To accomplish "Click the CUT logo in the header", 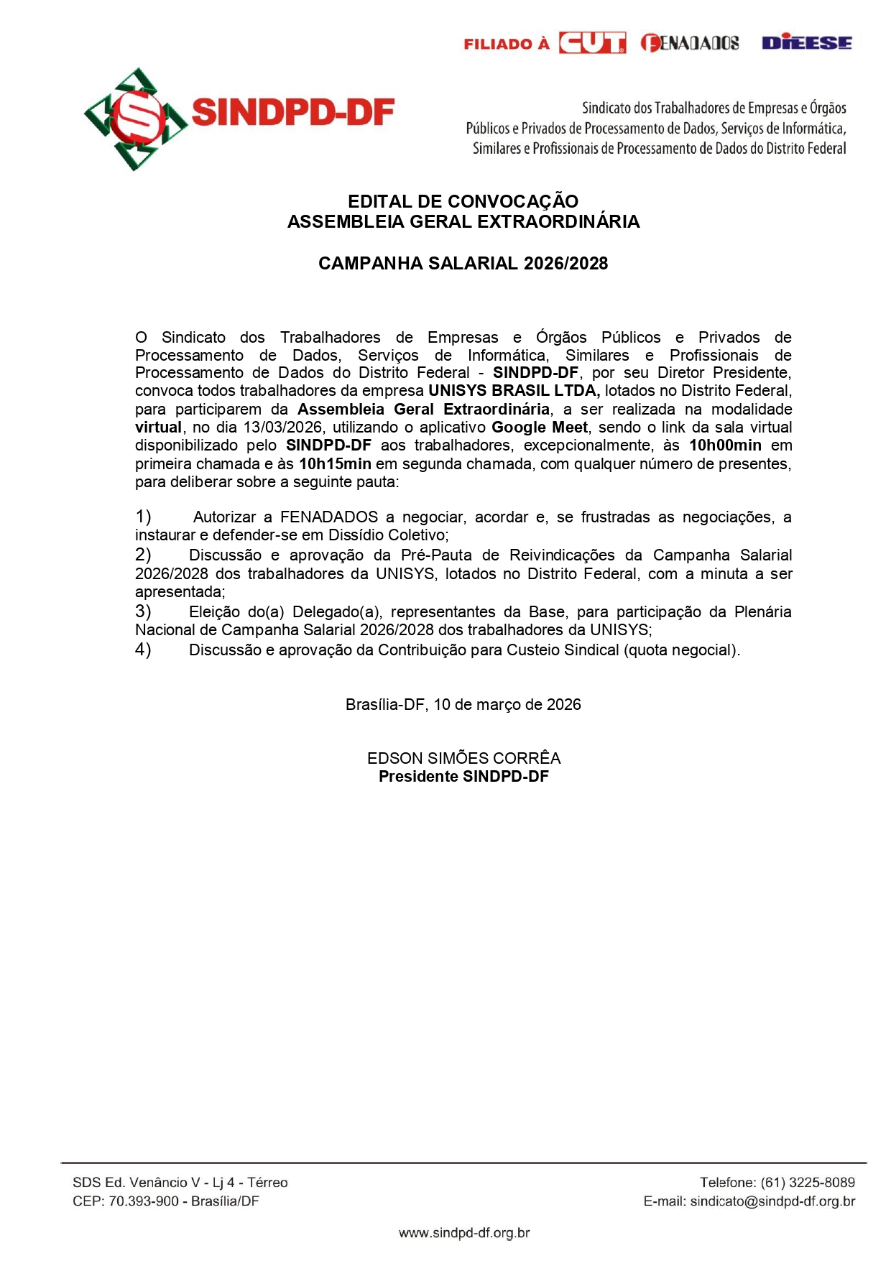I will (x=592, y=43).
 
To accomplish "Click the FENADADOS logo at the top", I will (x=690, y=43).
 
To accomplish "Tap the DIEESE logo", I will (x=807, y=43).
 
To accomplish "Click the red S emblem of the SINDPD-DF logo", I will (x=137, y=117).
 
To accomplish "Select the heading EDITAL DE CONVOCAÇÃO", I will (x=463, y=201).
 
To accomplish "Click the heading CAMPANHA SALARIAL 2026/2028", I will (x=463, y=263).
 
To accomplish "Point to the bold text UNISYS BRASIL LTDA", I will (x=513, y=391).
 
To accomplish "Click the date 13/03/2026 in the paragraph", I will (x=282, y=428).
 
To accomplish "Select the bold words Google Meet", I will (x=539, y=428).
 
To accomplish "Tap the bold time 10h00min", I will (x=725, y=445).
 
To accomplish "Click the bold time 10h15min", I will (x=335, y=464).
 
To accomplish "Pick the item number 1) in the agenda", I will (x=143, y=517).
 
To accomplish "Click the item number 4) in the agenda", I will (x=143, y=650).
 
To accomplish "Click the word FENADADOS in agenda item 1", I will (x=328, y=517).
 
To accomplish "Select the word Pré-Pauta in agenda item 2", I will (x=436, y=555).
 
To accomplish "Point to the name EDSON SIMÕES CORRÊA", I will (x=463, y=758).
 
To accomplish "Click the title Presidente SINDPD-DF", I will (x=463, y=777).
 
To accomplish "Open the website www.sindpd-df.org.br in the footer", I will (x=464, y=1233).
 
